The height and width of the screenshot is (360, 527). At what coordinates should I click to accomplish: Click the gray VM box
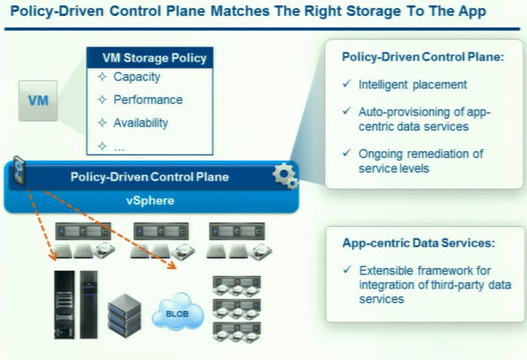pos(38,101)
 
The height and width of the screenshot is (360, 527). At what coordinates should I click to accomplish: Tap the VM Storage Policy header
pos(150,58)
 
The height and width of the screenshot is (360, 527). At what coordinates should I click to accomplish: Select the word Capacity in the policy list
pos(137,77)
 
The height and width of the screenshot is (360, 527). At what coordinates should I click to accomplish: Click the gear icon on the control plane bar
pos(285,176)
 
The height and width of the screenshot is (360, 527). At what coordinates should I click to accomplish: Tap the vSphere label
pos(150,201)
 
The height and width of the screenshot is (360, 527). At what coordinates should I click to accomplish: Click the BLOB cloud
pos(178,312)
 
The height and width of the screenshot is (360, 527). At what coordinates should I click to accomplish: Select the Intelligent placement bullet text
pos(413,84)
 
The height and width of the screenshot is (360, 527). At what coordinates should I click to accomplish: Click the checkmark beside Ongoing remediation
pos(347,153)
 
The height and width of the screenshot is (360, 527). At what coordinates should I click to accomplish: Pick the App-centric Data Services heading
pos(418,243)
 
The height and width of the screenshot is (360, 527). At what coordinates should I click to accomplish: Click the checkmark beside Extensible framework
pos(347,270)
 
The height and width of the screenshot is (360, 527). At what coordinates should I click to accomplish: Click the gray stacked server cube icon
pos(124,315)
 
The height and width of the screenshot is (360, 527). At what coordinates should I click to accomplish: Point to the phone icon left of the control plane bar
pos(19,171)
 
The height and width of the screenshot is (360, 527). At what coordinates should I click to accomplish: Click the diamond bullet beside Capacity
pos(102,77)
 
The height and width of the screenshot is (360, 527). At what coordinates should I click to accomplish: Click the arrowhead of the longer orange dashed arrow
pos(172,266)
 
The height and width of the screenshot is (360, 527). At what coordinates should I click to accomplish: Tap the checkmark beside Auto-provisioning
pos(347,111)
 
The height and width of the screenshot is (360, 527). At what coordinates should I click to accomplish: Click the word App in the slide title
pos(473,12)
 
